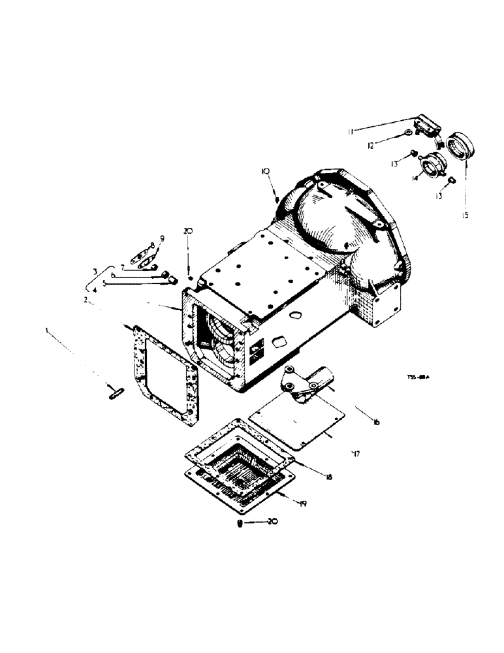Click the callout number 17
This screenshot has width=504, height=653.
point(356,452)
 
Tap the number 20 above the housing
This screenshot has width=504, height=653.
point(188,231)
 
